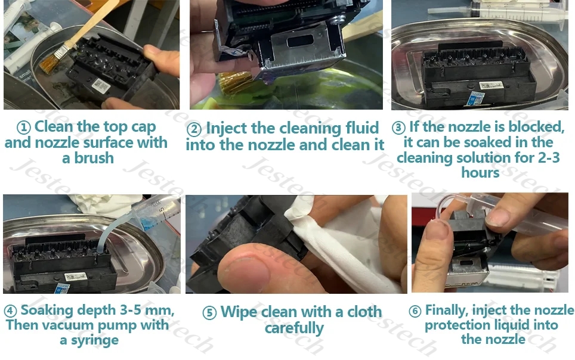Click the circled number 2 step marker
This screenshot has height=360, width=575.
(194, 129)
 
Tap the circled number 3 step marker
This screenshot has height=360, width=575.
(399, 128)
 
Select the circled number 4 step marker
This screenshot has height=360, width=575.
(11, 311)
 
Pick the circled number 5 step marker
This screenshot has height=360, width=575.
(209, 313)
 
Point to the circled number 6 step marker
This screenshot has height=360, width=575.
(415, 311)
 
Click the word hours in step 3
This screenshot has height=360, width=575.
(480, 173)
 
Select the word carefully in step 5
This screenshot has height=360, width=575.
(294, 328)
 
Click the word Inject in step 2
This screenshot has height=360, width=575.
(227, 129)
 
